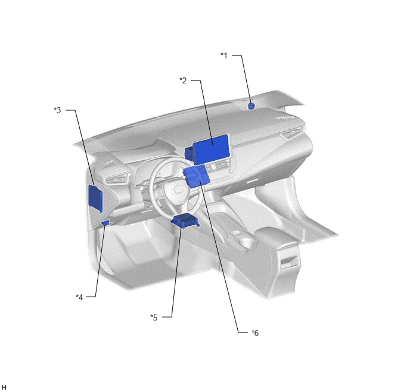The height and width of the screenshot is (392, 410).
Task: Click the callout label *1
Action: [224, 55]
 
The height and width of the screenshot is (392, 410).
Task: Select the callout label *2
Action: [184, 80]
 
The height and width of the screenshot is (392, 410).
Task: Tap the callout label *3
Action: [58, 110]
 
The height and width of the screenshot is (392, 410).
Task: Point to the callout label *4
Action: [79, 297]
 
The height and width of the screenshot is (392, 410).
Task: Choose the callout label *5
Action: [154, 318]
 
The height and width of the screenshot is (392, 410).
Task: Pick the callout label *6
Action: [255, 333]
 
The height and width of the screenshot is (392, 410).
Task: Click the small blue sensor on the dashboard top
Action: [251, 106]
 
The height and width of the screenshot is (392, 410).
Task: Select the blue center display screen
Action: [211, 149]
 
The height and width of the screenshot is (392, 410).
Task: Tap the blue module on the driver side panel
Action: [95, 198]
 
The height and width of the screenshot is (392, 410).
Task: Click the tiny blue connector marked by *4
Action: [105, 223]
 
